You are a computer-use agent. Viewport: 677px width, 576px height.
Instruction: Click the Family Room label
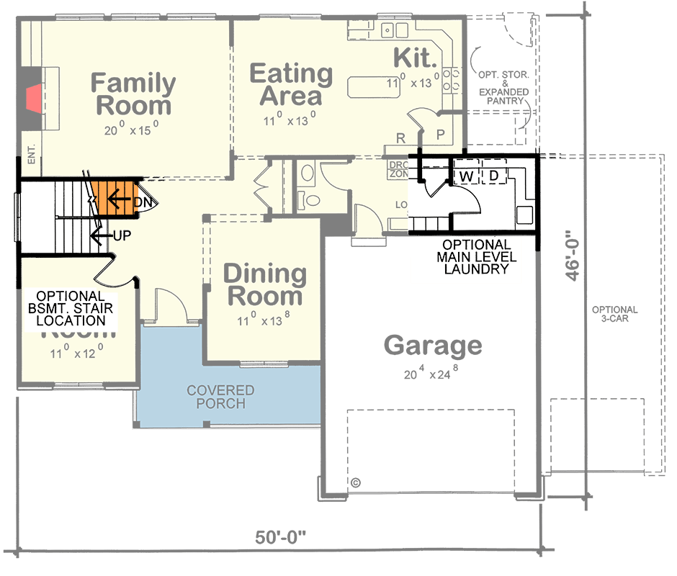(x=133, y=94)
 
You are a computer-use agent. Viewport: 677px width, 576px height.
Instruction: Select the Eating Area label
(x=291, y=85)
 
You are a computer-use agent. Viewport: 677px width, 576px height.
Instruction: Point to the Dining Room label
(x=264, y=285)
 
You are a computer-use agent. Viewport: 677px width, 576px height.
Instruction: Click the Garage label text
(x=432, y=346)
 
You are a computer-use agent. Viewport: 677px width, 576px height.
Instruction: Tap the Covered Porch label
(x=220, y=397)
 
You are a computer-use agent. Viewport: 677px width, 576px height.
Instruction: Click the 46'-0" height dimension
(x=573, y=256)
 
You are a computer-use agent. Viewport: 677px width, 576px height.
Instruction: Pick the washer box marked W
(x=467, y=176)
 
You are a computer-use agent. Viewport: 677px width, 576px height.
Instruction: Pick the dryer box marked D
(x=494, y=176)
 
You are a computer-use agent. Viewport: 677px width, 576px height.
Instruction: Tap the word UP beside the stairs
(x=122, y=235)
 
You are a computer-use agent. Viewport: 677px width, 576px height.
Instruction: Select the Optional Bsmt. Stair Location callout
(x=71, y=308)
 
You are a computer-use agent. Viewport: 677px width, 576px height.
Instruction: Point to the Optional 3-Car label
(x=614, y=314)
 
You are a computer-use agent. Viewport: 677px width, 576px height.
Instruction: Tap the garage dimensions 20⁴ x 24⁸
(x=432, y=374)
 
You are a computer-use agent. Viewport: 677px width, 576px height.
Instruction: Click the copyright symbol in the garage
(x=355, y=482)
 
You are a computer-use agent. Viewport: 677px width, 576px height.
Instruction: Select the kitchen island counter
(x=382, y=87)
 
